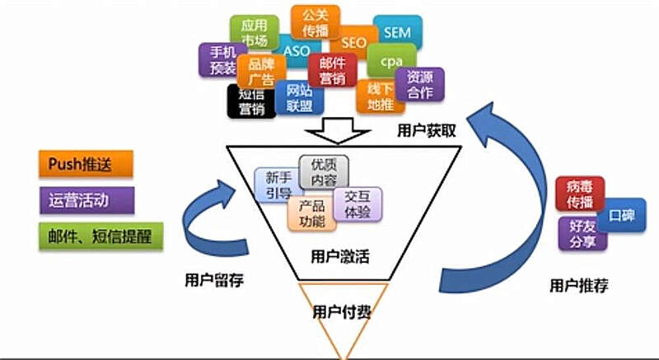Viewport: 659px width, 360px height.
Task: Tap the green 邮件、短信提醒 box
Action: pos(100,235)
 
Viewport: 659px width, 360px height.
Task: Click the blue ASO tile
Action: pos(295,50)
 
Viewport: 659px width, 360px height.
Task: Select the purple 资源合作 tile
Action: pos(420,84)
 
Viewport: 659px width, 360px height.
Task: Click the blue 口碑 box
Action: pos(621,215)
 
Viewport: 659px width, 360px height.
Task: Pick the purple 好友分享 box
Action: pos(582,234)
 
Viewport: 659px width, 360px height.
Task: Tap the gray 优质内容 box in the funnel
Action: pos(324,171)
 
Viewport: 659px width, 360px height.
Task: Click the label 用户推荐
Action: pos(578,286)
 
